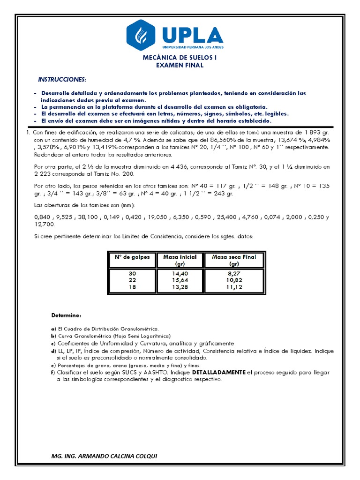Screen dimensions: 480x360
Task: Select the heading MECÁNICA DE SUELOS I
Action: [180, 58]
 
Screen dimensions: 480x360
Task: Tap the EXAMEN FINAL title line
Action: [180, 65]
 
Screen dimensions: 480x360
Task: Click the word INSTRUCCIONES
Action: [62, 79]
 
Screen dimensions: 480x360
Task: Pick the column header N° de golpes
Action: [133, 257]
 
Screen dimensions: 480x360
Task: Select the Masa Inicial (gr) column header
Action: [180, 260]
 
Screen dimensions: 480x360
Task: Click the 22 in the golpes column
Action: [133, 280]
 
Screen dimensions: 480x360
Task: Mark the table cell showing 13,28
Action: [180, 287]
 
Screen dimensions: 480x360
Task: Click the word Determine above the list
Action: [66, 314]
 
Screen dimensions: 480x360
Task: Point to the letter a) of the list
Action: [53, 329]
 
